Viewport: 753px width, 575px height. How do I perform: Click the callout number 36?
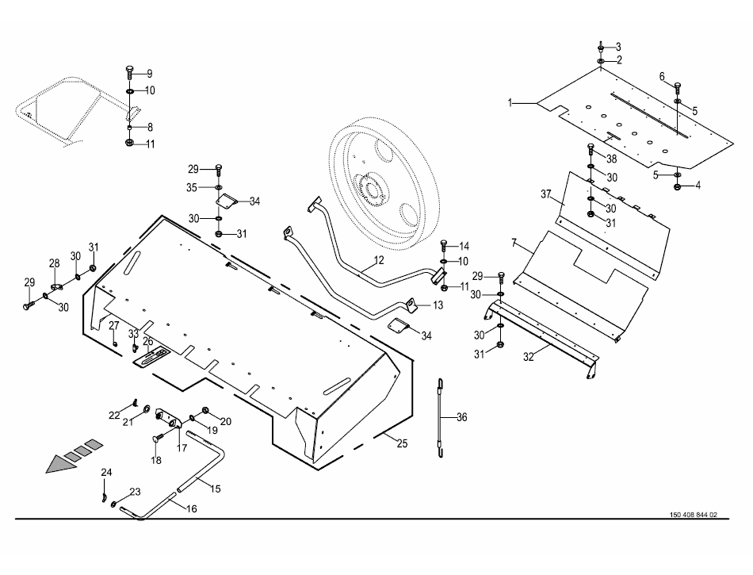tap(462, 416)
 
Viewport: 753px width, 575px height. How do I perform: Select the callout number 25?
tap(402, 443)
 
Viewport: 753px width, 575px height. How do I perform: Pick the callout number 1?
tap(511, 102)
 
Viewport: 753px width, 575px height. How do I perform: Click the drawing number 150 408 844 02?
tap(688, 515)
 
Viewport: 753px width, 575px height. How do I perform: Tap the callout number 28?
tap(54, 263)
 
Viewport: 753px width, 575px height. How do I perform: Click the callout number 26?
tap(147, 342)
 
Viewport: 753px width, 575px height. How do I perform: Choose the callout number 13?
tap(438, 305)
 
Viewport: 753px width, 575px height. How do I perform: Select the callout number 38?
tap(611, 159)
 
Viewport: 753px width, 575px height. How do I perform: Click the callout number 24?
tap(106, 473)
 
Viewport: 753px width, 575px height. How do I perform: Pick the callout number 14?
tap(464, 245)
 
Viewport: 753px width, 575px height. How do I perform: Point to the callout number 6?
tap(662, 76)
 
